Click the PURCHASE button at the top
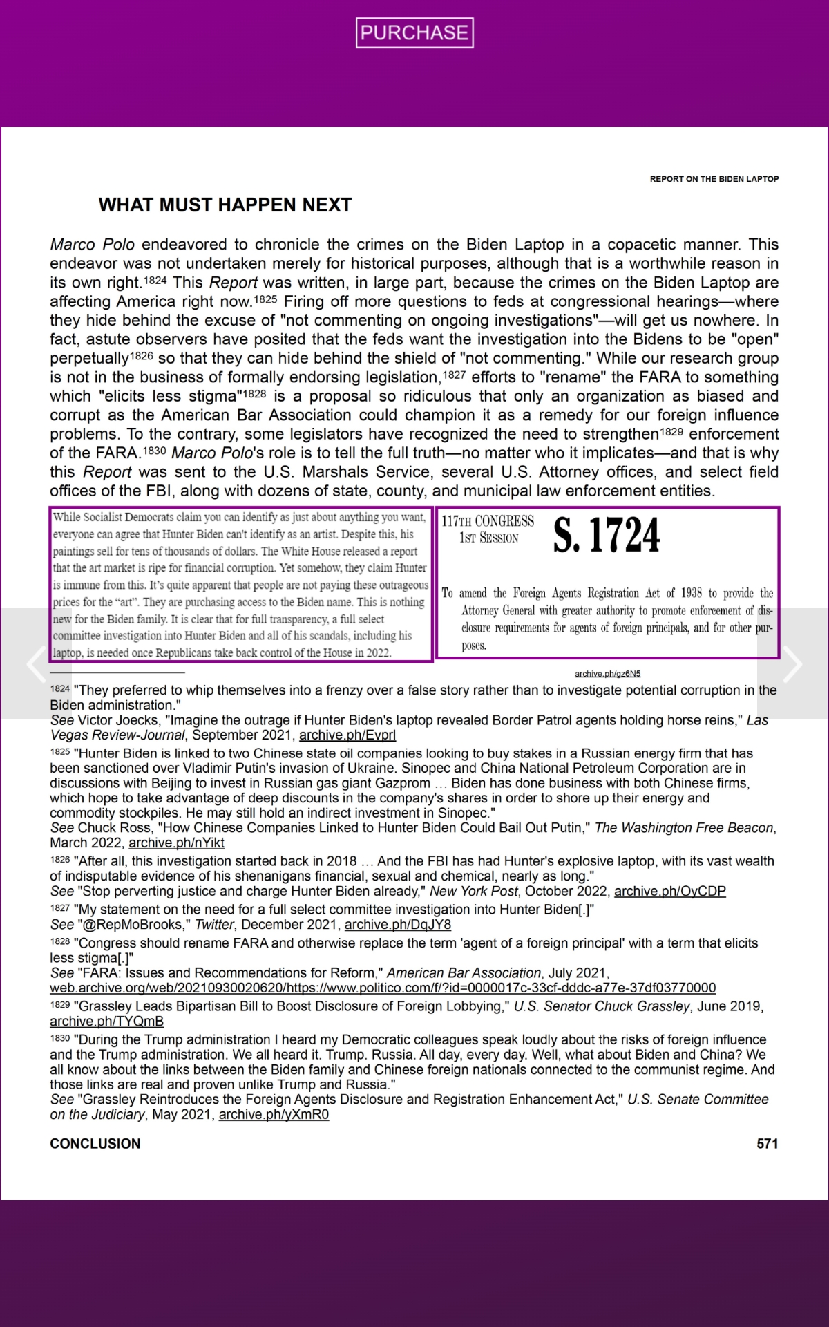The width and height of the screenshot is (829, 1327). click(x=414, y=32)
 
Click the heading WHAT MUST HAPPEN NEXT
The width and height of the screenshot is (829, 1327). click(x=225, y=205)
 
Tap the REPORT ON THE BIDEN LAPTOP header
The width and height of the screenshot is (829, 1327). click(x=714, y=179)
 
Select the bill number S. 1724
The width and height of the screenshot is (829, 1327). click(x=607, y=536)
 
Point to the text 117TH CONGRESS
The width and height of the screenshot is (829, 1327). click(x=488, y=521)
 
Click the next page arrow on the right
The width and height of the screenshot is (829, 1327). click(x=792, y=664)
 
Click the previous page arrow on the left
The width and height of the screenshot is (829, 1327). click(x=36, y=664)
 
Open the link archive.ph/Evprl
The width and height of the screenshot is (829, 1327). click(x=347, y=735)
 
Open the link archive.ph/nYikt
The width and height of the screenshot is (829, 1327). click(x=176, y=843)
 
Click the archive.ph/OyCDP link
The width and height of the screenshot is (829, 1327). click(x=669, y=892)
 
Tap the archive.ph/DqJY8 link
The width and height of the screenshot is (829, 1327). click(x=397, y=925)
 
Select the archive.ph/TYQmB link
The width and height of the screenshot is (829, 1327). click(x=106, y=1022)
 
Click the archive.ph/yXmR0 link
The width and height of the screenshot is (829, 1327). click(x=274, y=1115)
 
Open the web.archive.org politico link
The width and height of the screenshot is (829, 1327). click(x=383, y=988)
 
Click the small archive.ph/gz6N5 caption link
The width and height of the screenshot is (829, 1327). click(x=607, y=674)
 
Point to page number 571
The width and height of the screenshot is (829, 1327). click(x=767, y=1144)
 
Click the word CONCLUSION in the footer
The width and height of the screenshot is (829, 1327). click(x=95, y=1144)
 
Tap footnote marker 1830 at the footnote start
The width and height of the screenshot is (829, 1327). click(x=59, y=1038)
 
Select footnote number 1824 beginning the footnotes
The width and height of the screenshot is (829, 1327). click(x=59, y=688)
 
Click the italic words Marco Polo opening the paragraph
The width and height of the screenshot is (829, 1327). click(x=92, y=245)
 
